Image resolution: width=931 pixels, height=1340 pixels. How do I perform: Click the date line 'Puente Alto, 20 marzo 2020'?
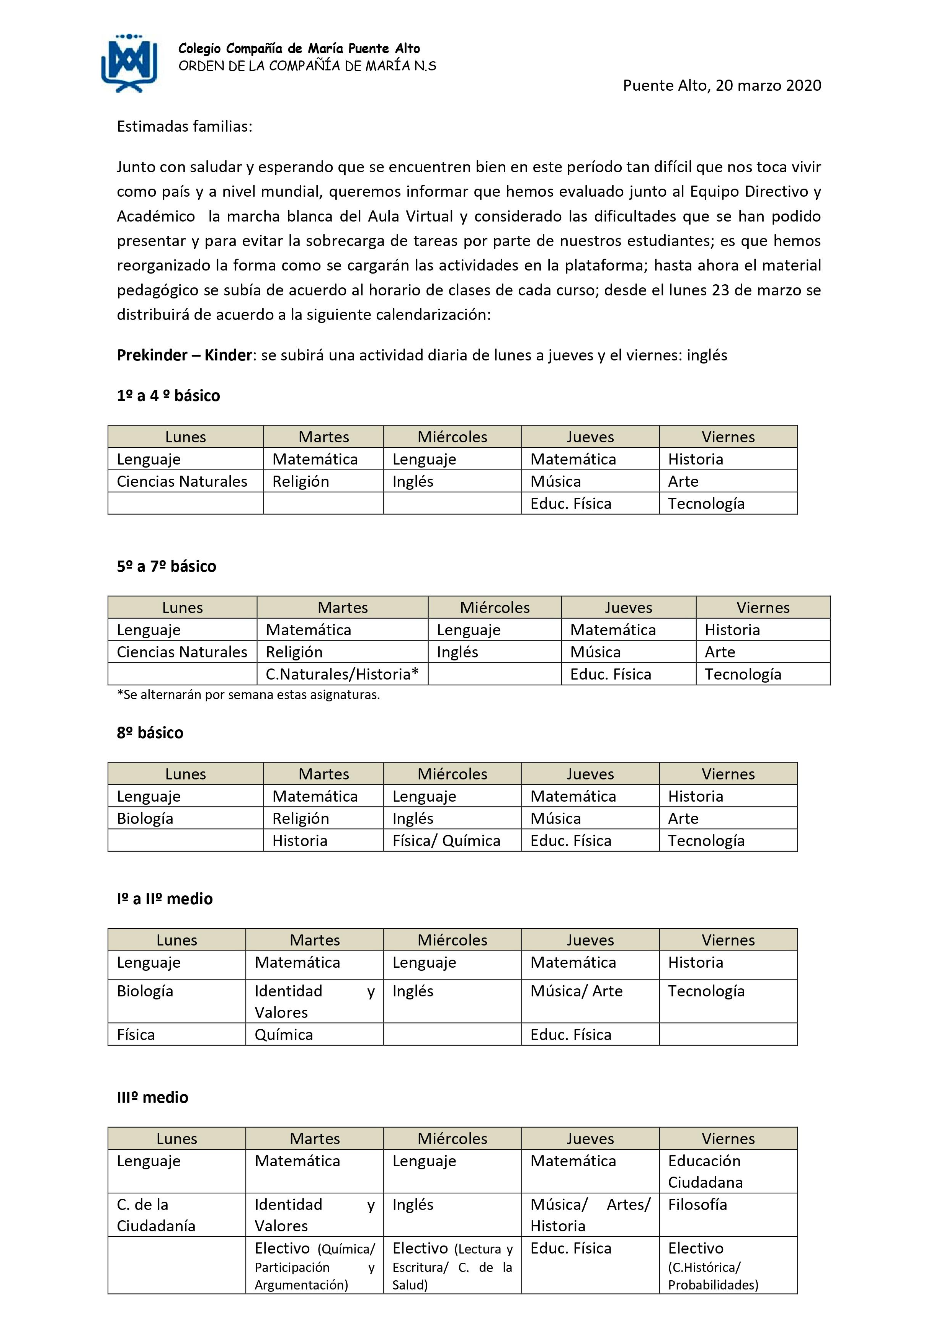pos(722,86)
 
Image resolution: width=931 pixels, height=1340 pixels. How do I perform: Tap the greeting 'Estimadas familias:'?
pos(185,127)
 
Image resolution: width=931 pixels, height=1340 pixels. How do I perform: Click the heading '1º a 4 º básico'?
pos(168,396)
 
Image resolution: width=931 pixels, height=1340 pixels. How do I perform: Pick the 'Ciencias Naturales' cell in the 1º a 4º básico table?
pos(181,481)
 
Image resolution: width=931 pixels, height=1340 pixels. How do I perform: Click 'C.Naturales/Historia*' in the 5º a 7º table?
pos(342,674)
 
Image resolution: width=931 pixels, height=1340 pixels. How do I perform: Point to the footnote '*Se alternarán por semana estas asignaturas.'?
pos(248,694)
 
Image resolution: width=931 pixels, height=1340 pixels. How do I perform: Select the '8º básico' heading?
pos(150,733)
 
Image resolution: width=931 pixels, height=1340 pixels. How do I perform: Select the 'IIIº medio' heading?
pos(152,1097)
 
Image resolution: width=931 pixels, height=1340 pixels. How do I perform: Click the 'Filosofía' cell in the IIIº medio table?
pos(697,1204)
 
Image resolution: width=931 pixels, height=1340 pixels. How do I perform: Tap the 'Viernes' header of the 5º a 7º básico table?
pos(763,608)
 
